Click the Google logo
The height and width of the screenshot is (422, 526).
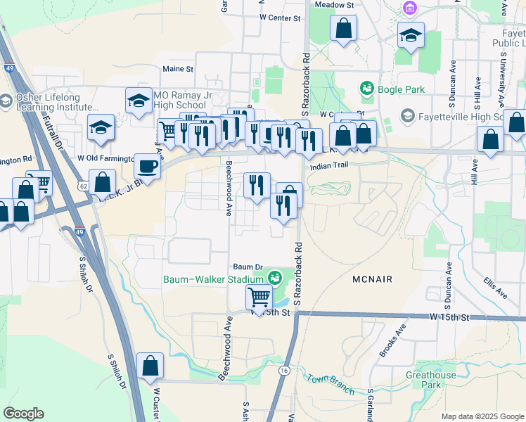pyautogui.click(x=23, y=414)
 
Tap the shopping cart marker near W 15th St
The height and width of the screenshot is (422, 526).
pyautogui.click(x=259, y=298)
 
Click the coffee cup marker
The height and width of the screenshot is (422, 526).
pyautogui.click(x=147, y=167)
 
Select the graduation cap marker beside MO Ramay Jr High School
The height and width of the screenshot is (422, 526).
pyautogui.click(x=139, y=101)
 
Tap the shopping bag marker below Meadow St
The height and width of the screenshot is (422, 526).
pyautogui.click(x=344, y=30)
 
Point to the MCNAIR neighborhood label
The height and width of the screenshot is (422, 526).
pyautogui.click(x=372, y=280)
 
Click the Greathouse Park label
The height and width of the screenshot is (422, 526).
pyautogui.click(x=430, y=380)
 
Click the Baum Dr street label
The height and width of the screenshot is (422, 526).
pyautogui.click(x=248, y=267)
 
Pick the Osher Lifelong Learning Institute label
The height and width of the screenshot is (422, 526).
pyautogui.click(x=53, y=103)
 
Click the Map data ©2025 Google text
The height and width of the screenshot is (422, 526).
pyautogui.click(x=482, y=416)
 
